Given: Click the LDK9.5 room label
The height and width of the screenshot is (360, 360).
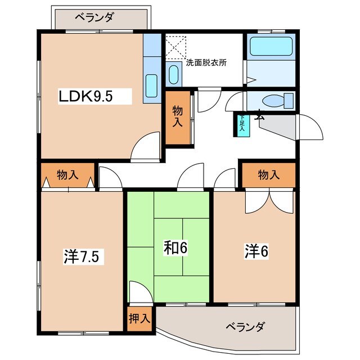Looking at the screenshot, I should tap(87, 96).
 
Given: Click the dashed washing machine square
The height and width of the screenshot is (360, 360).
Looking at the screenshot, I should tap(175, 47).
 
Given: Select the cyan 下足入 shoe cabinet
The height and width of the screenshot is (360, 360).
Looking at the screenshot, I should tap(241, 124).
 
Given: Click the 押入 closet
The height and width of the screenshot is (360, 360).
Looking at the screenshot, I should tap(138, 318).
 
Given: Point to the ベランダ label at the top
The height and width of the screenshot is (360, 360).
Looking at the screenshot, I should tap(94, 17).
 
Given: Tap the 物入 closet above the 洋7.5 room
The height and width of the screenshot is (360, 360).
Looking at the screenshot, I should tap(67, 175).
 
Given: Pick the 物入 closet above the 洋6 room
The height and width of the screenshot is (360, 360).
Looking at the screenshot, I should tap(268, 175).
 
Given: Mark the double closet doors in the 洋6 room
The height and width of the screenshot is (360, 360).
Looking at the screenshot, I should tap(269, 200).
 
